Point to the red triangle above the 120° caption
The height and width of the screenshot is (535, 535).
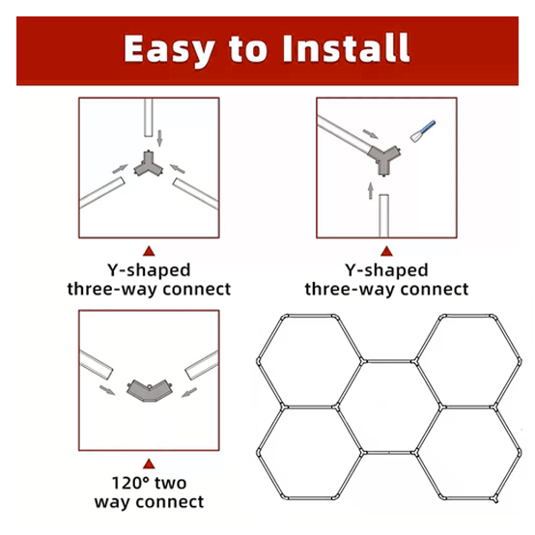click(x=149, y=463)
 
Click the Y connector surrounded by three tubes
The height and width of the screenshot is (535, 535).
click(x=150, y=166)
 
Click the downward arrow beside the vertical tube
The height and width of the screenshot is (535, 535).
click(x=160, y=137)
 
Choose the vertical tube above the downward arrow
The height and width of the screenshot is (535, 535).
click(x=148, y=121)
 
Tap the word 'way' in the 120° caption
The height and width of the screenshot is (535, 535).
click(x=115, y=501)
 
